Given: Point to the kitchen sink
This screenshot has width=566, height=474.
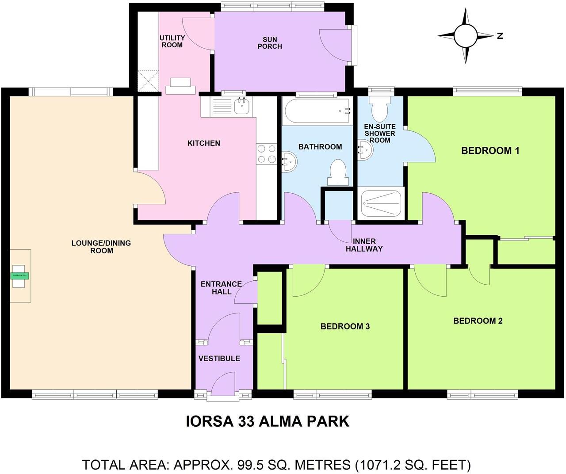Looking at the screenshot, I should click(241, 106).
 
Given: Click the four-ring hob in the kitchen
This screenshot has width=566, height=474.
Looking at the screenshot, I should click(266, 154).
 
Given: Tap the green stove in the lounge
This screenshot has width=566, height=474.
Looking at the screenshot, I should click(20, 275).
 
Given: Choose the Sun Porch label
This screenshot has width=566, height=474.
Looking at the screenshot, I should click(269, 43).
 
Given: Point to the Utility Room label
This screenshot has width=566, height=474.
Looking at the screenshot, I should click(172, 42).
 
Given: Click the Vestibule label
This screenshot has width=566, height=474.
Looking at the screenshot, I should click(219, 358).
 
